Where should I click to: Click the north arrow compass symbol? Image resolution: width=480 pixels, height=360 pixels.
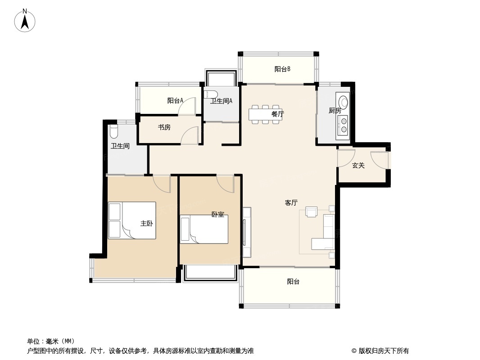pos(25,20)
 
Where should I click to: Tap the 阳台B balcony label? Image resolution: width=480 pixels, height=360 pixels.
pos(282,69)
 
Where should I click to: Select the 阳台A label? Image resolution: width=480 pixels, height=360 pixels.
pos(175,101)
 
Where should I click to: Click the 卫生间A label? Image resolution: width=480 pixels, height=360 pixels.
pos(221,101)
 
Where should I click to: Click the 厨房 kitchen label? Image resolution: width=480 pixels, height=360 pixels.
pos(335,111)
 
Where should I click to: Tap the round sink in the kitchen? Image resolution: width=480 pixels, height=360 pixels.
pos(344,102)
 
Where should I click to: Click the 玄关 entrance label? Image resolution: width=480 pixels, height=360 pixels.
pos(358,166)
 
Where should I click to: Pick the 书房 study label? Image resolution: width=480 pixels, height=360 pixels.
pos(164,127)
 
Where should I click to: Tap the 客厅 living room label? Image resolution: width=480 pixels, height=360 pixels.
pos(291,203)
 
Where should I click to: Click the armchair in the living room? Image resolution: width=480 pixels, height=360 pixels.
pos(312,211)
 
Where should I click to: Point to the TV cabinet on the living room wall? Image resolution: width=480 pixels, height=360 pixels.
pos(246,232)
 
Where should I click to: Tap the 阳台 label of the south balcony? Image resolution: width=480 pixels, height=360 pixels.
pos(293,282)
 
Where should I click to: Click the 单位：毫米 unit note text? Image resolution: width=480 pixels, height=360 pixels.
pos(51,341)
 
